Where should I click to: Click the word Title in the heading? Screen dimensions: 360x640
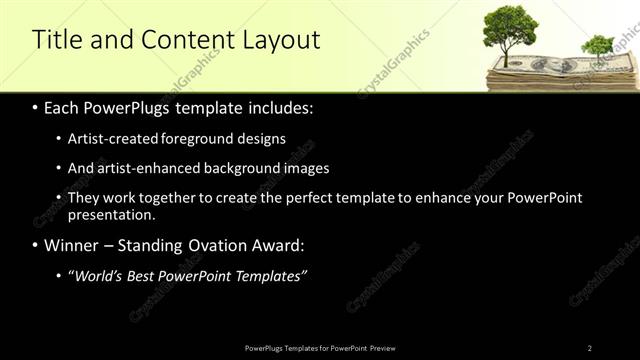click(x=57, y=40)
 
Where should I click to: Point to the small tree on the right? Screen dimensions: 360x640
click(x=597, y=46)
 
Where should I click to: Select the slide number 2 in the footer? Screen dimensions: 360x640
click(x=590, y=348)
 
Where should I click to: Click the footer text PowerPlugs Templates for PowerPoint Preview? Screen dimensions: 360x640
click(x=319, y=348)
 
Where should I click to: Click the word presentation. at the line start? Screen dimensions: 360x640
click(x=111, y=214)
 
